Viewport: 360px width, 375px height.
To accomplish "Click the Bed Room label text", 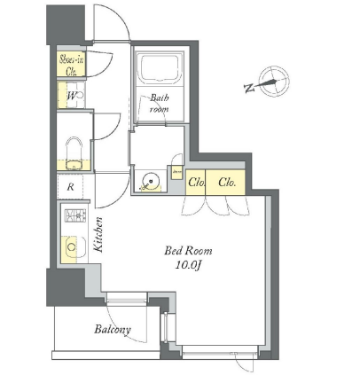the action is pyautogui.click(x=188, y=251).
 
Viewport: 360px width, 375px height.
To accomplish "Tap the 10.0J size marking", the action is pyautogui.click(x=188, y=265).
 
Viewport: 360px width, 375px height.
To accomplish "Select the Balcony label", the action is pyautogui.click(x=113, y=329).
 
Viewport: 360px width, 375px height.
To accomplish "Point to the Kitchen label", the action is pyautogui.click(x=98, y=235).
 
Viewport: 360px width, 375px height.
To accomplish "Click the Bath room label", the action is pyautogui.click(x=160, y=103).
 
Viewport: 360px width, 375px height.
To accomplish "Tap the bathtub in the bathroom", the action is pyautogui.click(x=160, y=68).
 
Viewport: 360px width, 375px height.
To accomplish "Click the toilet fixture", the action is pyautogui.click(x=74, y=153).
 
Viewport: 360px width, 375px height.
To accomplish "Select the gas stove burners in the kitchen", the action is pyautogui.click(x=75, y=215).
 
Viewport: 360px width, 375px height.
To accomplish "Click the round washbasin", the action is pyautogui.click(x=151, y=180).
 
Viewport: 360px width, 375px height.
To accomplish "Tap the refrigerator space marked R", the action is pyautogui.click(x=70, y=187).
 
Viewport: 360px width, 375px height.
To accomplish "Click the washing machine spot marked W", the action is pyautogui.click(x=72, y=96).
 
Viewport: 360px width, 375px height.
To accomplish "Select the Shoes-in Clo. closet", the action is pyautogui.click(x=71, y=64).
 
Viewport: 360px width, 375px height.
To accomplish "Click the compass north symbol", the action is pyautogui.click(x=274, y=82).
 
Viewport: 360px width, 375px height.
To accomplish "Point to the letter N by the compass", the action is pyautogui.click(x=249, y=88).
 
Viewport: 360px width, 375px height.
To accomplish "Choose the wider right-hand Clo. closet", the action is pyautogui.click(x=225, y=183).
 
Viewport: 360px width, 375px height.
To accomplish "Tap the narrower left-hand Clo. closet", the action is pyautogui.click(x=196, y=183).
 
